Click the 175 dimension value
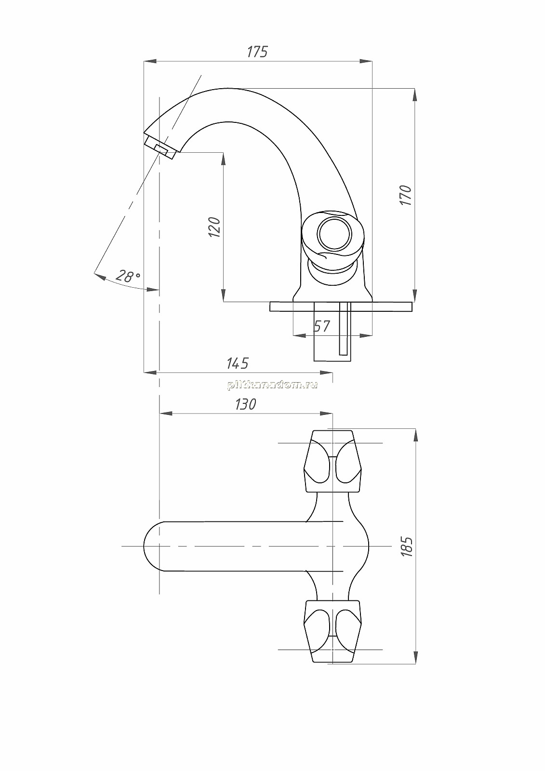point(257,52)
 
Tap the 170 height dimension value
point(406,196)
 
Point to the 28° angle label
point(128,276)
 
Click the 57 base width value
point(321,326)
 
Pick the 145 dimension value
point(237,363)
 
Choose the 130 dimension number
point(245,404)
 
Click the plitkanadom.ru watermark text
point(272,385)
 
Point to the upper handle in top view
point(332,461)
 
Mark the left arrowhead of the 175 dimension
point(150,61)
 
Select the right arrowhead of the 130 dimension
point(326,413)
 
